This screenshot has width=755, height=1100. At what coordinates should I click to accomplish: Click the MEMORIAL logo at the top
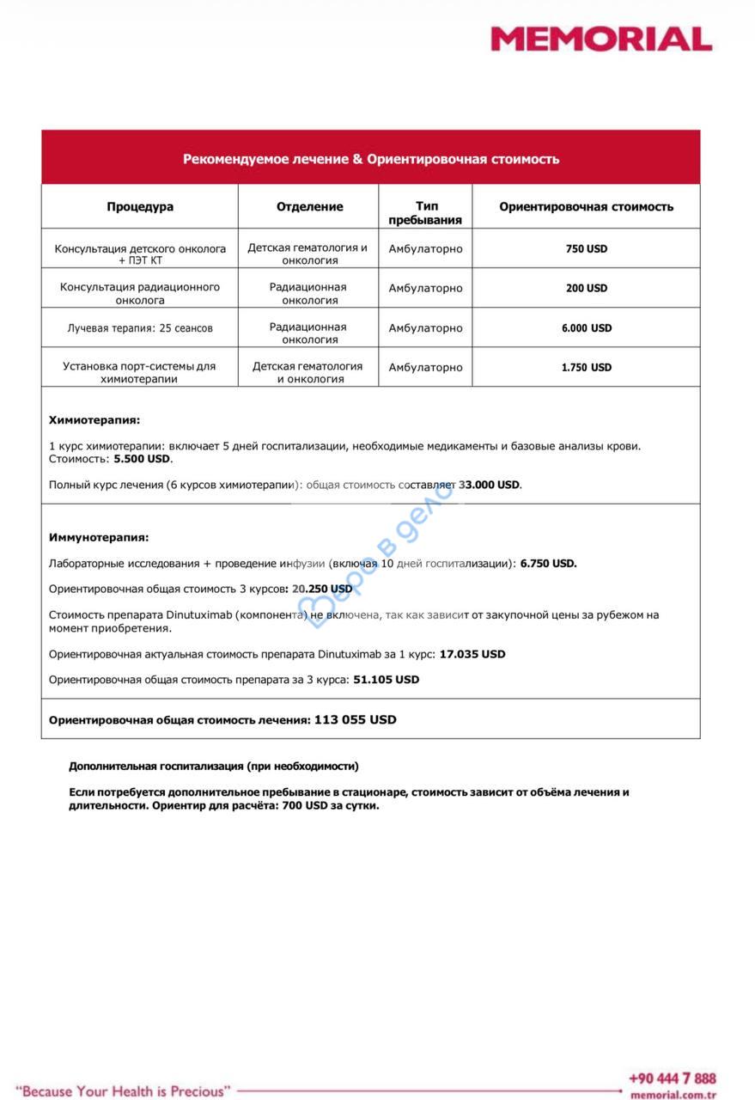tap(600, 39)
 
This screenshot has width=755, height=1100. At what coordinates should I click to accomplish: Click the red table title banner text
tap(371, 159)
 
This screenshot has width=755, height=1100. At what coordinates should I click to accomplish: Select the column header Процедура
tap(140, 207)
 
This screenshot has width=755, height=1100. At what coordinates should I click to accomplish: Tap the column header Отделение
tap(309, 207)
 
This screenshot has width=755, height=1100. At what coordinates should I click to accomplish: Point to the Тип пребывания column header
tap(426, 213)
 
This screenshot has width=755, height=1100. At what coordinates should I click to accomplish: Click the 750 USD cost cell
tap(587, 249)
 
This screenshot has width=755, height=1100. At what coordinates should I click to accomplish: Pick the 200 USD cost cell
tap(587, 289)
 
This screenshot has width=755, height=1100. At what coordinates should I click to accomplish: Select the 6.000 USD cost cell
tap(587, 328)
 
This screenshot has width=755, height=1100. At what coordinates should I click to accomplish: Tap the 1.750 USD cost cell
tap(587, 368)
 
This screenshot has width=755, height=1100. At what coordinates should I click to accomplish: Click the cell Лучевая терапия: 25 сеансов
tap(140, 328)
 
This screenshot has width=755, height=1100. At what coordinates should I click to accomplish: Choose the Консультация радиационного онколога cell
tap(140, 294)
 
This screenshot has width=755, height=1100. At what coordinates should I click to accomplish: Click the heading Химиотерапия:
tap(94, 420)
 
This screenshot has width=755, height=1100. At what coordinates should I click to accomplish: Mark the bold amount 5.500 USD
tap(143, 459)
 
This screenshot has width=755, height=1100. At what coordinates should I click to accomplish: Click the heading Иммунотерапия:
tap(99, 537)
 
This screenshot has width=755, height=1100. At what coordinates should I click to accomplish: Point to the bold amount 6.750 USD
tap(548, 564)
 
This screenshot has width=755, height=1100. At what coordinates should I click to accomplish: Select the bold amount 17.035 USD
tap(472, 654)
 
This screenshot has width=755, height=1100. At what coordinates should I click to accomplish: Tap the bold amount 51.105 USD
tap(387, 680)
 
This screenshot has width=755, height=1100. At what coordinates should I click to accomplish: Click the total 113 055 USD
tap(356, 720)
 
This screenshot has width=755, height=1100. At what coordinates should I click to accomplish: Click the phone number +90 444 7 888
tap(672, 1079)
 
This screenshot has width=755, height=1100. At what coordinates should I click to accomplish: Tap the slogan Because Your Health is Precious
tap(124, 1091)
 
